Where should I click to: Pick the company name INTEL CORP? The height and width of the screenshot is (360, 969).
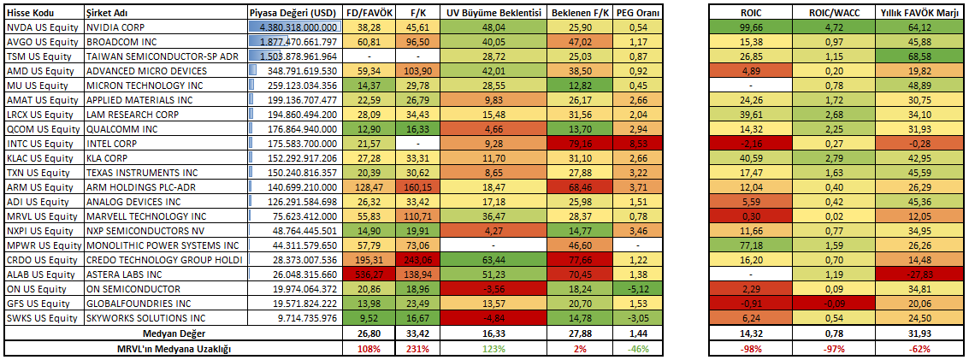(x=113, y=144)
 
